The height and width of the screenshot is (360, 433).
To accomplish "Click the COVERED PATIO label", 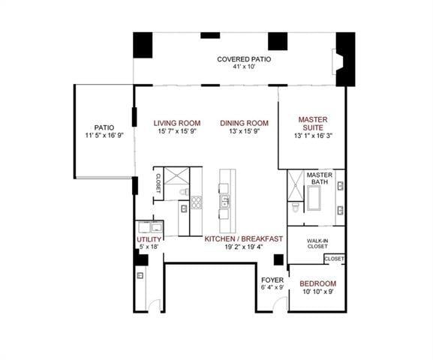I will tap(244, 59).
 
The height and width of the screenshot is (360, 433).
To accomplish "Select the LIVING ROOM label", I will tap(177, 123).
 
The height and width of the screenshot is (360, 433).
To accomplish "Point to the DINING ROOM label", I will tap(244, 123).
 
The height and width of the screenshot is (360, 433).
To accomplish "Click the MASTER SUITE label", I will tap(312, 123).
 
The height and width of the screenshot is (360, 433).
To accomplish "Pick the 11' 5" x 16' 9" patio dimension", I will tap(104, 136).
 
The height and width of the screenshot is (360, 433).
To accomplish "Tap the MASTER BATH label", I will tap(320, 178).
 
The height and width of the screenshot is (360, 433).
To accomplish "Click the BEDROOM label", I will tap(318, 283).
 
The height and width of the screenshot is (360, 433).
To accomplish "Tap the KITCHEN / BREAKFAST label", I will tap(244, 239).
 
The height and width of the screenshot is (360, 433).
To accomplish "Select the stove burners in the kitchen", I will tap(197, 201).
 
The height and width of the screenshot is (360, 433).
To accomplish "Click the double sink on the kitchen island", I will tap(224, 200).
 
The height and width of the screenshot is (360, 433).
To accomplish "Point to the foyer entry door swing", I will tap(280, 304).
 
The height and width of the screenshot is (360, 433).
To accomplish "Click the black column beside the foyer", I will tap(278, 259).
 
